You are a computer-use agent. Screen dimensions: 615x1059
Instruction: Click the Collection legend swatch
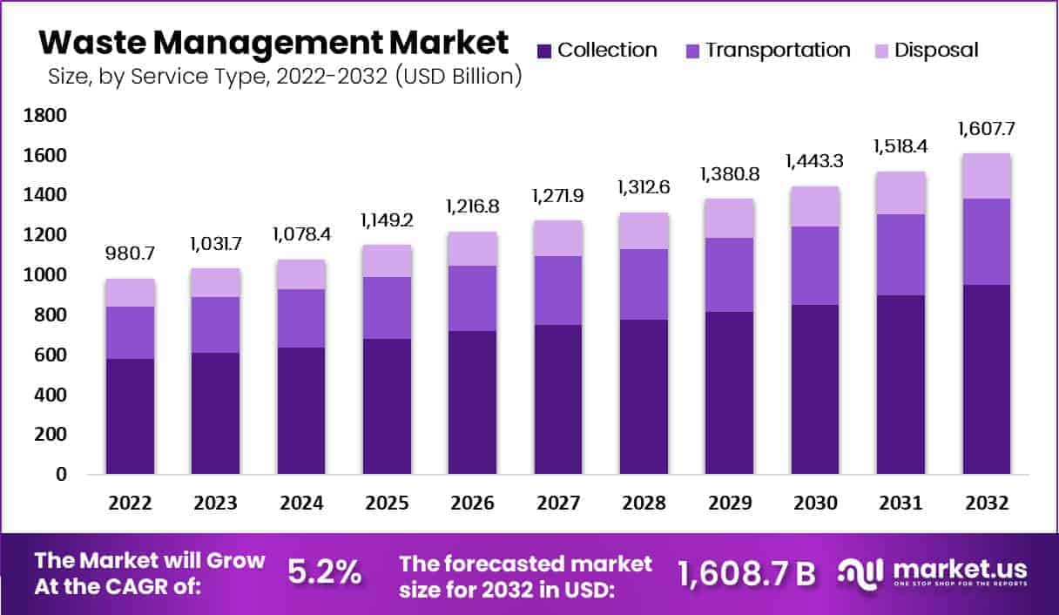point(544,51)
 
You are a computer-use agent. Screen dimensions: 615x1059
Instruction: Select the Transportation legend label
point(778,50)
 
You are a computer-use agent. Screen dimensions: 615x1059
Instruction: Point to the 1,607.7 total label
point(987,129)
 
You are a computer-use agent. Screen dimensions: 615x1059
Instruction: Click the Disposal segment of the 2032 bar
point(987,176)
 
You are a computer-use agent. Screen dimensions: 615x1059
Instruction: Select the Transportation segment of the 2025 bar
point(388,307)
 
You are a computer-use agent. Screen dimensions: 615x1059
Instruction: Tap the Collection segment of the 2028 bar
point(644,396)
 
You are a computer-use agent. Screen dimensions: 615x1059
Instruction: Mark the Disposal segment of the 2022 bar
point(131,293)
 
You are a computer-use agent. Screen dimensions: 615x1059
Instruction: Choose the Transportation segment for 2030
point(816,266)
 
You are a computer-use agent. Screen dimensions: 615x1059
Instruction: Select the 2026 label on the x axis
point(473,503)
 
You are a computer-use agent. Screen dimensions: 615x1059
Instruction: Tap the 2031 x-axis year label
point(901,503)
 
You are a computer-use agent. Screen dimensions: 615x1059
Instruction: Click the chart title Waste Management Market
point(273,42)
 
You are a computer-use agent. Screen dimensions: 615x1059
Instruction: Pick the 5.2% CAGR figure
point(324,572)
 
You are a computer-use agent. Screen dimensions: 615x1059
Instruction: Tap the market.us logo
point(933,572)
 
